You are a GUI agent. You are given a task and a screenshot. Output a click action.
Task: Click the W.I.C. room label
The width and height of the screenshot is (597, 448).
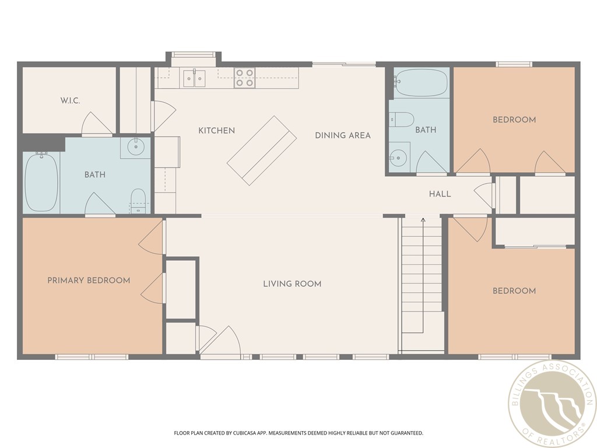tap(70, 101)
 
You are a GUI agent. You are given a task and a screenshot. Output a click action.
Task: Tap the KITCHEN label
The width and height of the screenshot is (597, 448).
tap(216, 131)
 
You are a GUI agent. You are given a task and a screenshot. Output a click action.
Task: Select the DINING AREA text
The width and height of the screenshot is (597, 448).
tap(343, 135)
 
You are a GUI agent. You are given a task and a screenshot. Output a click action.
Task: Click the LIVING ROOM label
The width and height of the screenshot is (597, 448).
tap(292, 284)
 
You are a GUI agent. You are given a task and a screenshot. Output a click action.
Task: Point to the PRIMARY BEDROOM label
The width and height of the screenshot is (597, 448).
tap(89, 281)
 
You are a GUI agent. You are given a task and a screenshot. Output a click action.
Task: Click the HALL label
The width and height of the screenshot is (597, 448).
tap(440, 194)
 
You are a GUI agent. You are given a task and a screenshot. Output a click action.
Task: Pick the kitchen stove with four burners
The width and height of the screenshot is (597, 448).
tap(245, 78)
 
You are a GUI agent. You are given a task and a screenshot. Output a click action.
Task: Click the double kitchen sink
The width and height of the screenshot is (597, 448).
tap(194, 78)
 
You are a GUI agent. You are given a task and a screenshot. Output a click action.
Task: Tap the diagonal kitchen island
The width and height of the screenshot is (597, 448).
tap(262, 150)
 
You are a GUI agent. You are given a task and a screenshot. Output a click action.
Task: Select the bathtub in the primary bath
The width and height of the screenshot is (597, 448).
tap(41, 183)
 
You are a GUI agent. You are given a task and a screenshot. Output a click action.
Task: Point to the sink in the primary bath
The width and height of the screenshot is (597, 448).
tap(136, 146)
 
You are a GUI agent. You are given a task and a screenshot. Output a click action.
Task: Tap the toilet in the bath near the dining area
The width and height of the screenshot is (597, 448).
tap(402, 120)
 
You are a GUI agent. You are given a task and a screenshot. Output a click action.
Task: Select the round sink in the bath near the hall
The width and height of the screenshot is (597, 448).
tap(398, 157)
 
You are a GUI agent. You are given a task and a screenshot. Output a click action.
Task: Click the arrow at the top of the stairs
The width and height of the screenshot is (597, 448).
tap(423, 220)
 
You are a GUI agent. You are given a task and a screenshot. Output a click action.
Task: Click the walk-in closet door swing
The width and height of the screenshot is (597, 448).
tap(96, 124)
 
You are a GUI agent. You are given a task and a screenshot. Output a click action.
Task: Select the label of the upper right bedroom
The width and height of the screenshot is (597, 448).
tap(514, 120)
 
